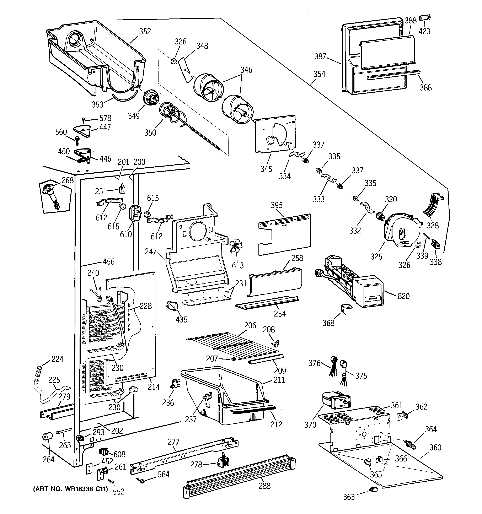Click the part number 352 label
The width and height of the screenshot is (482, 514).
pyautogui.click(x=145, y=31)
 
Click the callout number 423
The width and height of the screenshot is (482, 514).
pyautogui.click(x=424, y=31)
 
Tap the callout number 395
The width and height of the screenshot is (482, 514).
pyautogui.click(x=277, y=205)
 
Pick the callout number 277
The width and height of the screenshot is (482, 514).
pyautogui.click(x=173, y=442)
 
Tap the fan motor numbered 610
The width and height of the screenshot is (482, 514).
pyautogui.click(x=135, y=213)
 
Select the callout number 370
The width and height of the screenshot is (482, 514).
pyautogui.click(x=310, y=424)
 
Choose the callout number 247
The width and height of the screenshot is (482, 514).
pyautogui.click(x=151, y=251)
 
